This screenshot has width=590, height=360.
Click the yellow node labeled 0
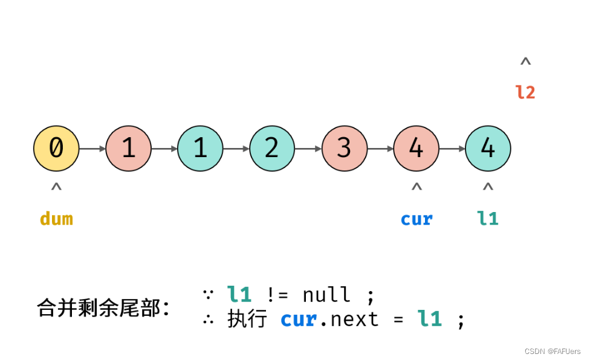point(56,148)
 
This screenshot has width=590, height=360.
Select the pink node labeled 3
point(344,148)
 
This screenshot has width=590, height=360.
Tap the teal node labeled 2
point(272,148)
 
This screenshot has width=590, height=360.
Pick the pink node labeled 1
point(128,148)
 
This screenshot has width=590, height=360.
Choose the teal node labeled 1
point(200,148)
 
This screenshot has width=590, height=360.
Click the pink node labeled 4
point(416,148)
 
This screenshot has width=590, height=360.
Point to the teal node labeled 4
point(488,148)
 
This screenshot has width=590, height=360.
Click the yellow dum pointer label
point(56,218)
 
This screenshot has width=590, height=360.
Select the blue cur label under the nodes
point(417,218)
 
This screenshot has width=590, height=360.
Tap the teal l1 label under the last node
point(488,218)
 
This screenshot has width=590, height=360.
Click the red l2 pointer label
point(525,92)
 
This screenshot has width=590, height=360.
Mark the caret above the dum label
point(56,187)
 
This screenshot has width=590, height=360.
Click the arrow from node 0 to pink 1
point(92,149)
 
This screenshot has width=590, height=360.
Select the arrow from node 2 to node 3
point(308,149)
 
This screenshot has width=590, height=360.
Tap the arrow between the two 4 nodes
point(452,149)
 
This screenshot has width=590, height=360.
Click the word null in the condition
point(326,295)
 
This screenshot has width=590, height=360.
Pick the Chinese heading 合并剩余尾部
point(102,307)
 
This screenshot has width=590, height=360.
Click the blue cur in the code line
point(299,319)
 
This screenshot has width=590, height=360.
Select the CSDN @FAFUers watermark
point(552,352)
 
